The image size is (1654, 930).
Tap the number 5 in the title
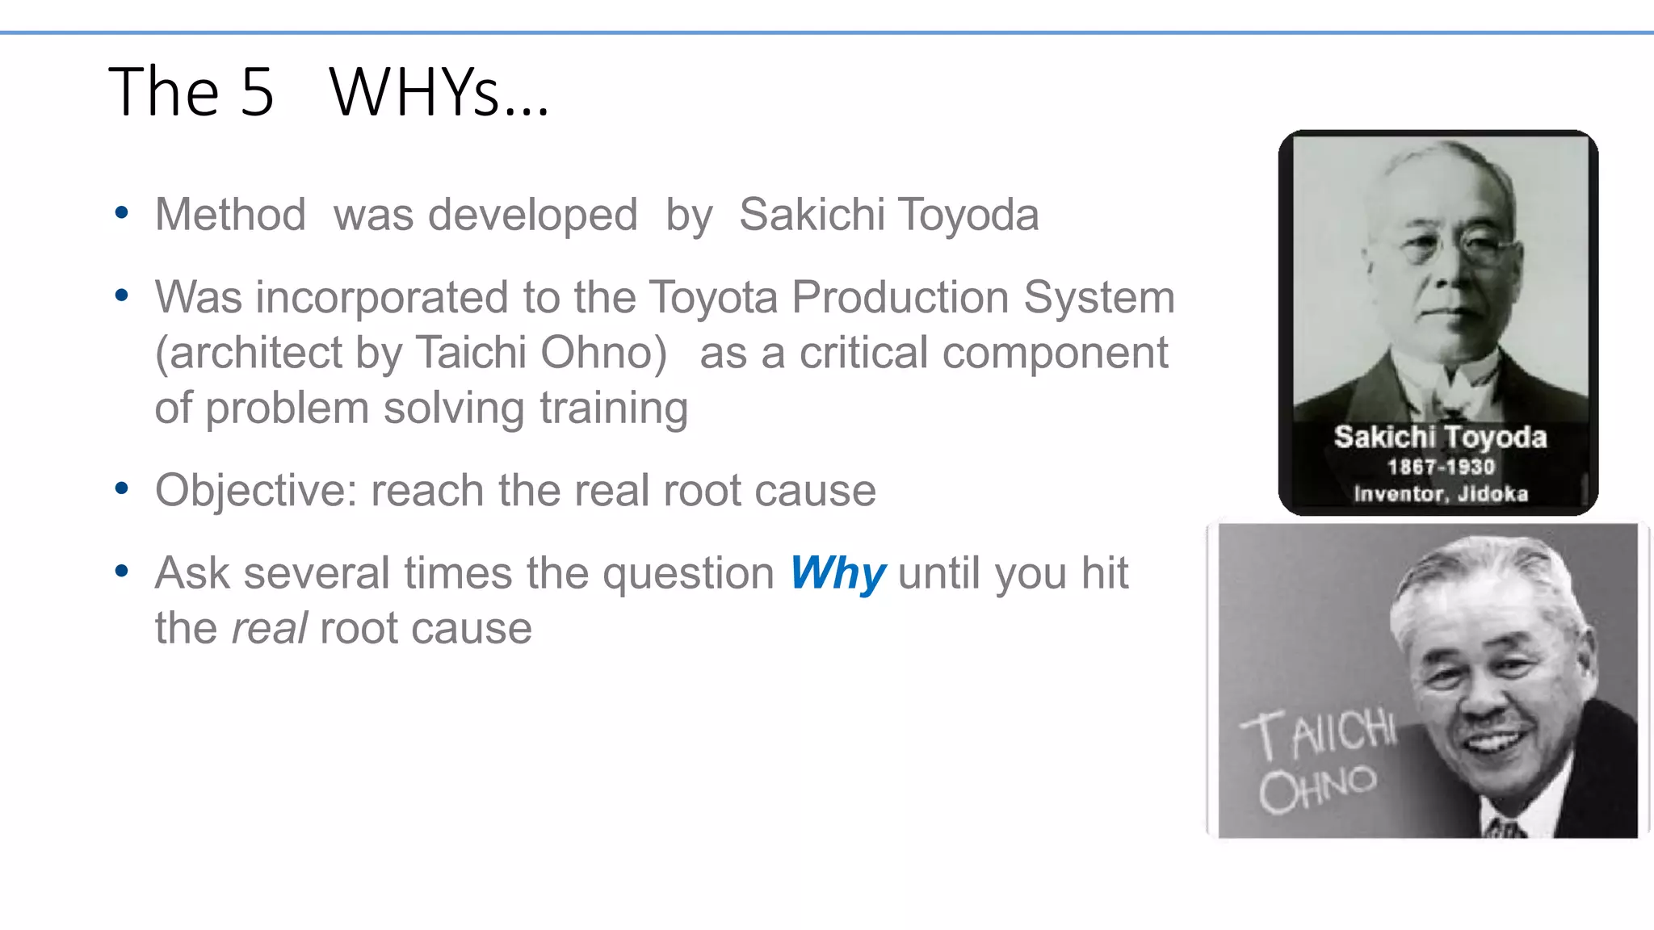pyautogui.click(x=257, y=92)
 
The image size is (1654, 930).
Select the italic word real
pyautogui.click(x=269, y=629)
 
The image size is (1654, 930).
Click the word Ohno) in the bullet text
pyautogui.click(x=603, y=354)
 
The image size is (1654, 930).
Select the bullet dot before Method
pyautogui.click(x=122, y=213)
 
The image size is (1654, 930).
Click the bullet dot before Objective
pyautogui.click(x=122, y=488)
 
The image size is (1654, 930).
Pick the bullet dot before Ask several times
pyautogui.click(x=122, y=572)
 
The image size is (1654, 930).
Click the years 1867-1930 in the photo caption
pyautogui.click(x=1441, y=467)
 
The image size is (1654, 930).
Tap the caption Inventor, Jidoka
pyautogui.click(x=1441, y=493)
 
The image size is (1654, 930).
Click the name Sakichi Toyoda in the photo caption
pyautogui.click(x=1440, y=437)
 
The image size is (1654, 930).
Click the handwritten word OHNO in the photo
pyautogui.click(x=1317, y=788)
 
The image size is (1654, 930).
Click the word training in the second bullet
pyautogui.click(x=614, y=408)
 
